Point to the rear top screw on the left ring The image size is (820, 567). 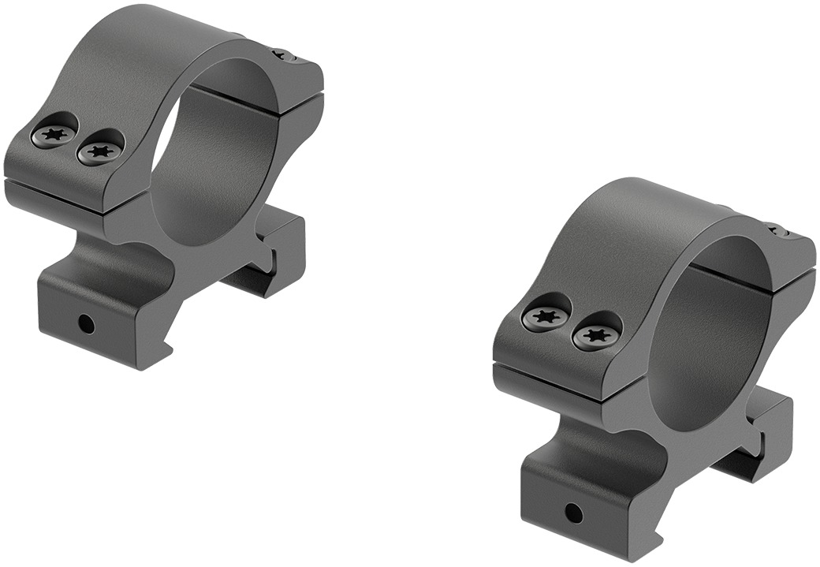[x=285, y=55]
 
